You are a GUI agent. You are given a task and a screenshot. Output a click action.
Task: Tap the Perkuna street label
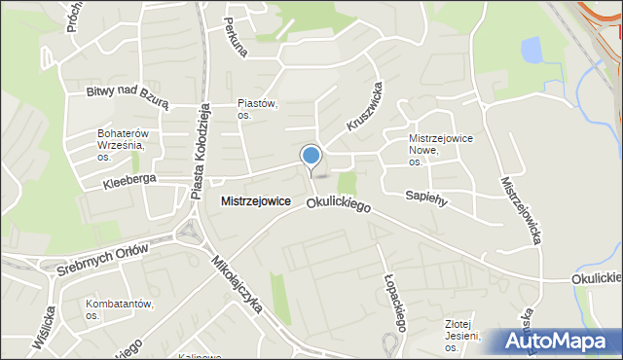237,35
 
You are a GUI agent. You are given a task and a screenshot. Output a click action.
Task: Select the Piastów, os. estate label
258,109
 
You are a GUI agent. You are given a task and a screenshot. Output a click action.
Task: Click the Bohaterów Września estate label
121,145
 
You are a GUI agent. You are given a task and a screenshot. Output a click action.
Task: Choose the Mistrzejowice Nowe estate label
440,150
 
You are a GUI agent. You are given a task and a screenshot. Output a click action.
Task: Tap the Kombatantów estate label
119,309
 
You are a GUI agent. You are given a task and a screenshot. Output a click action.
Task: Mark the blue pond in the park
531,50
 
